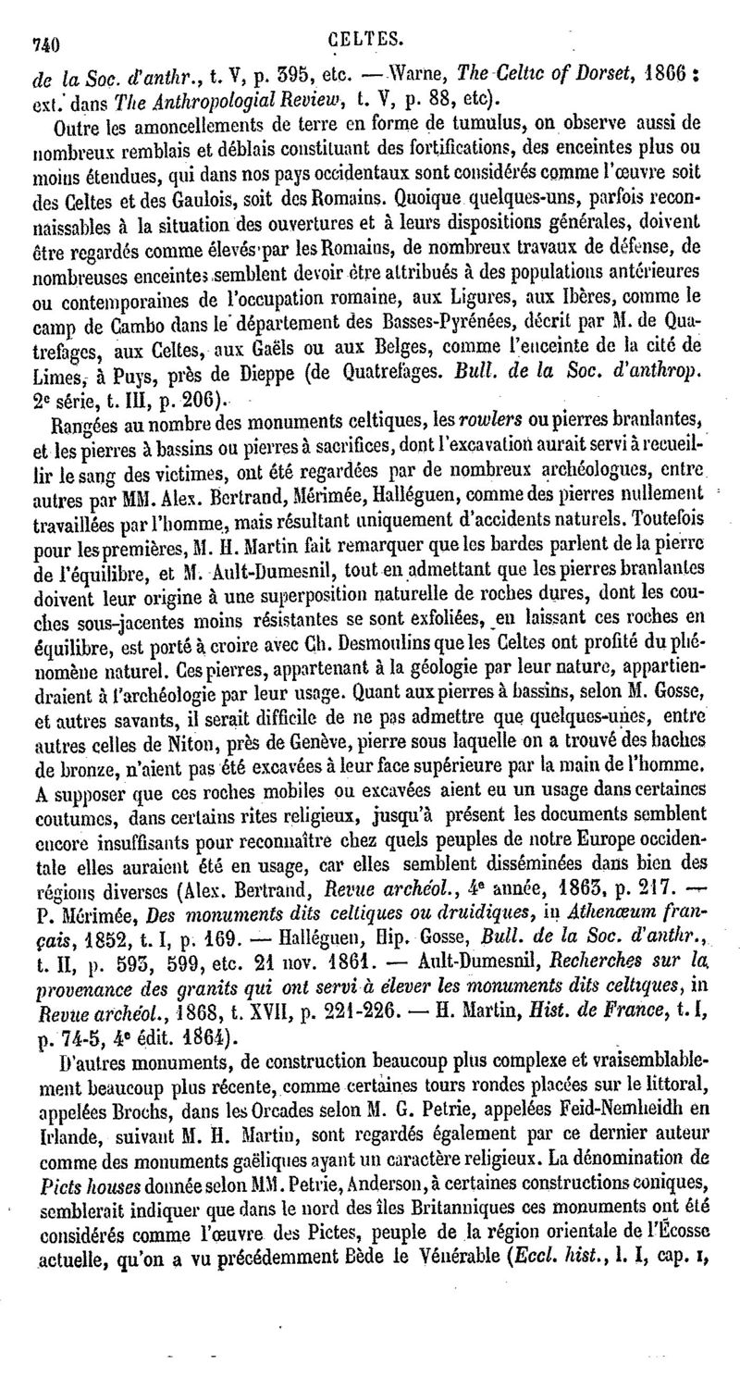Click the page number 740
[46, 41]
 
